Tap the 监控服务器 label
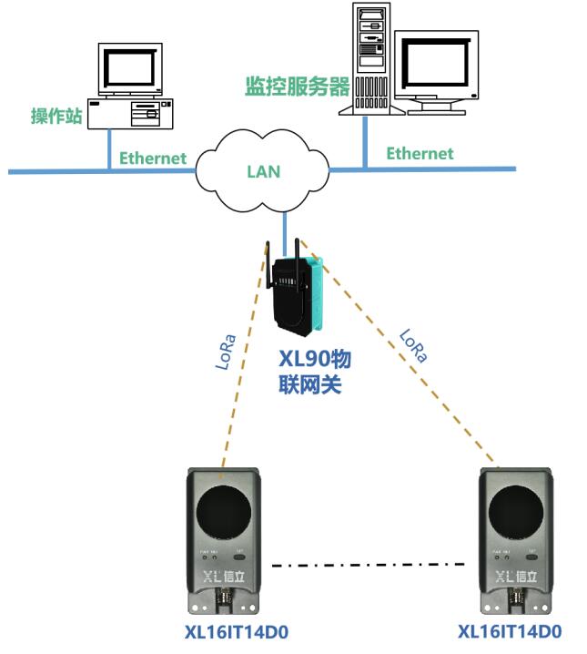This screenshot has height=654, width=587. (x=298, y=87)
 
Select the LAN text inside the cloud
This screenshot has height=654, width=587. (x=264, y=171)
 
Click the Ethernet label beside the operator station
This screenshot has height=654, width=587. (x=153, y=158)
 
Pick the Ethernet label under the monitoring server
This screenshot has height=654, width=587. (x=420, y=153)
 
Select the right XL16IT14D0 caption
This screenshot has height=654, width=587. (x=510, y=631)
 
